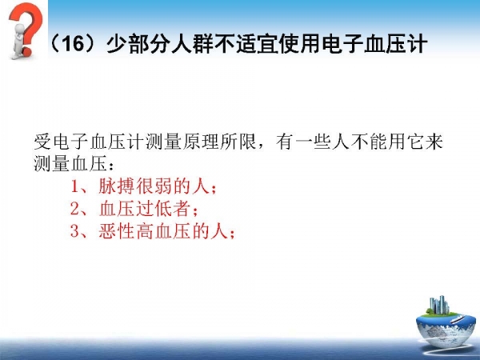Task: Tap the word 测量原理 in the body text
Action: pos(182,142)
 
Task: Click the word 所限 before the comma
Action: pos(238,142)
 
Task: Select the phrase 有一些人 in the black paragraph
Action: pos(313,142)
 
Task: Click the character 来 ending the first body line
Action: pos(434,142)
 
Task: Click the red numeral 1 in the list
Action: pos(74,186)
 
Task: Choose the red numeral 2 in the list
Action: pos(75,209)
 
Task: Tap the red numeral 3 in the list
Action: pos(75,231)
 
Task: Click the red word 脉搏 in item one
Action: pos(118,186)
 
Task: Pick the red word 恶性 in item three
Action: pos(118,231)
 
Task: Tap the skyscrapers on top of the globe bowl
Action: pos(439,305)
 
